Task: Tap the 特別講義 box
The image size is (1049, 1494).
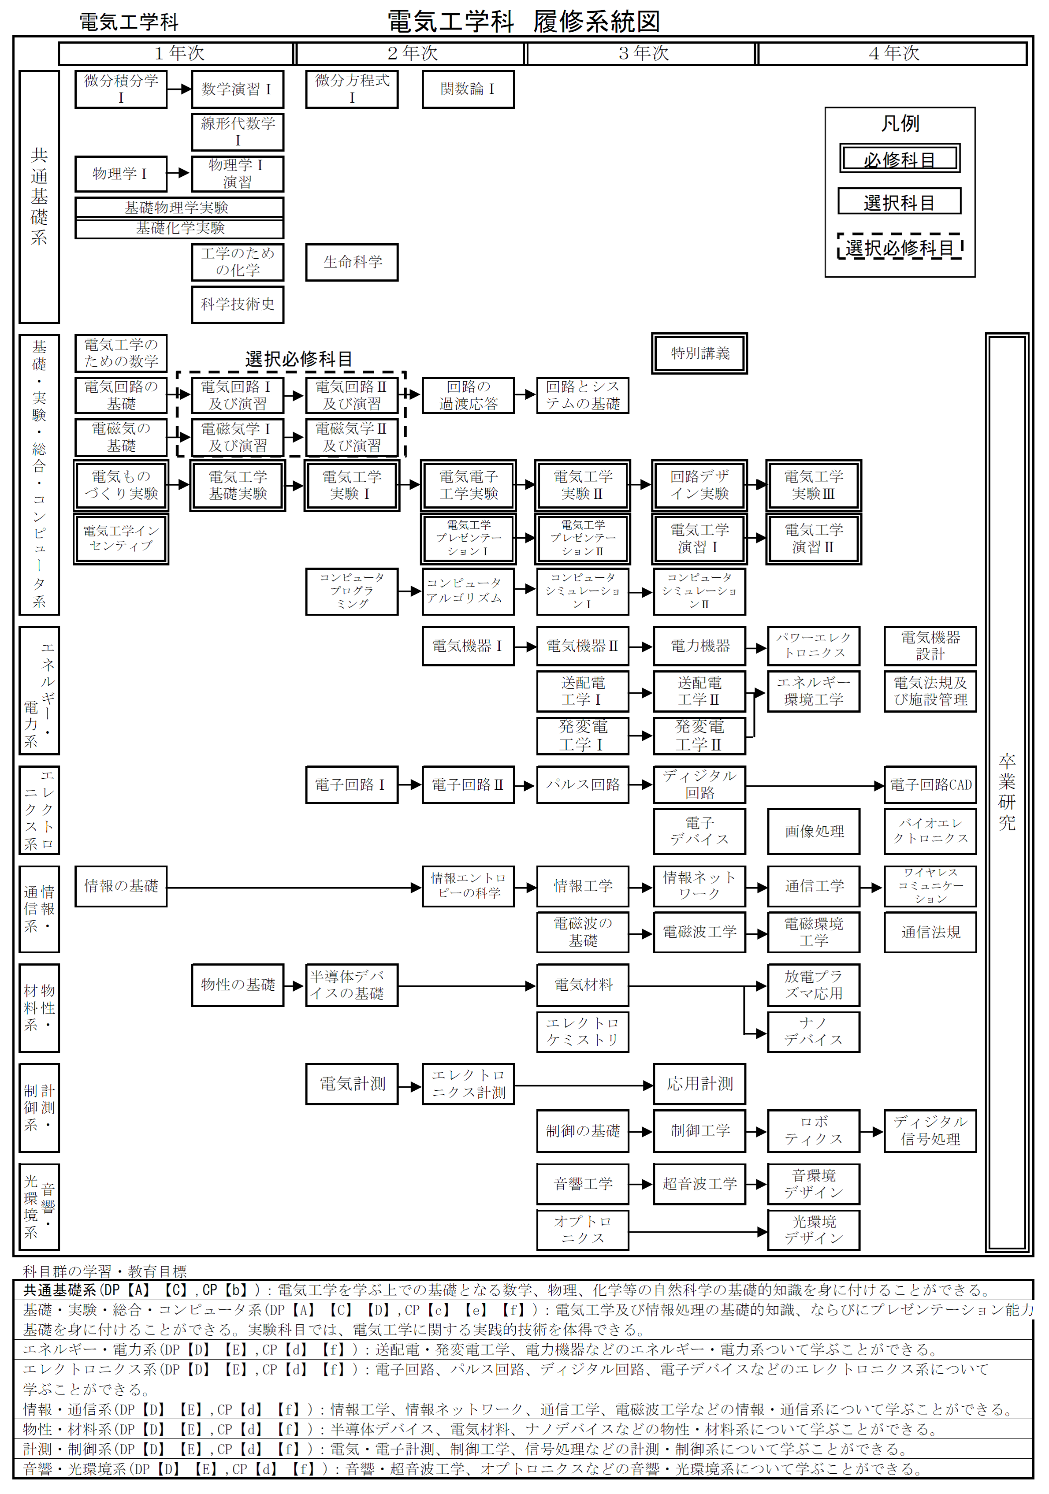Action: [x=699, y=353]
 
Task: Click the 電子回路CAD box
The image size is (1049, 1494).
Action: [x=930, y=785]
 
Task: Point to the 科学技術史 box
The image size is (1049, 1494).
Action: [x=238, y=305]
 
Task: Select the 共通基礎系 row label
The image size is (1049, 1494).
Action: [x=39, y=197]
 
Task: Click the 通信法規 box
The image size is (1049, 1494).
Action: [x=930, y=933]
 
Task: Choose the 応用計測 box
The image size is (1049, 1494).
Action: [x=699, y=1083]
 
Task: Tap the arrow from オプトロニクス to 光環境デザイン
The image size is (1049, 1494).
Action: [x=698, y=1231]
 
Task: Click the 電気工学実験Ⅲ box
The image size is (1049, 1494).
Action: [x=814, y=485]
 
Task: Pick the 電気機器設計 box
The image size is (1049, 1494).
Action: [x=930, y=646]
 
